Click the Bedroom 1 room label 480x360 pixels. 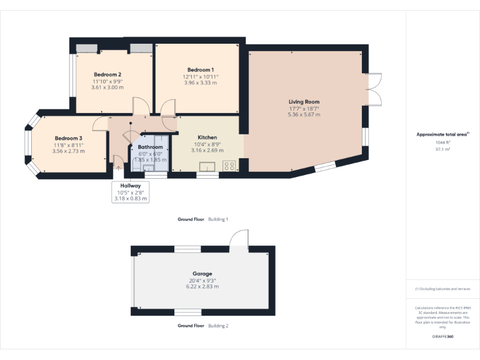click(x=201, y=69)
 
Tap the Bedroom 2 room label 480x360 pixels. click(x=107, y=74)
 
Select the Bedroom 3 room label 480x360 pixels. click(x=68, y=138)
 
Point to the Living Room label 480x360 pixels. click(x=304, y=101)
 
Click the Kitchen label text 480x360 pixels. click(x=207, y=137)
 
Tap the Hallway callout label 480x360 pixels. click(x=131, y=186)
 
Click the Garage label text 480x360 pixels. click(x=202, y=274)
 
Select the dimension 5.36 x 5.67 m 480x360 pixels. click(x=304, y=114)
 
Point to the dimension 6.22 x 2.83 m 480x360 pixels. click(x=202, y=286)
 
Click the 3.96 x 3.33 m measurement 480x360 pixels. click(x=201, y=82)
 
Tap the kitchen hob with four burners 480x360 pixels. click(x=229, y=166)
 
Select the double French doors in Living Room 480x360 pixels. click(x=374, y=89)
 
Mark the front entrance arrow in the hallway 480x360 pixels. click(x=118, y=167)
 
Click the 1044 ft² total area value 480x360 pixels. click(x=442, y=142)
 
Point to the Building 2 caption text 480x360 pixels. click(x=218, y=326)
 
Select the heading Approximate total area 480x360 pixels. click(x=442, y=134)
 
